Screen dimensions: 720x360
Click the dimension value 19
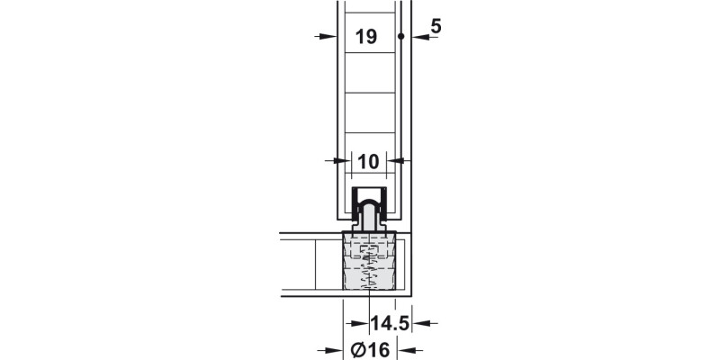pos(366,37)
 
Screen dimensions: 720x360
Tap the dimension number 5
pos(436,27)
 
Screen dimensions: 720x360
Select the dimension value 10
pos(368,162)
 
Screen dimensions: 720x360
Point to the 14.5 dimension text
pos(390,323)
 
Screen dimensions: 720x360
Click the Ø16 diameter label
pos(370,350)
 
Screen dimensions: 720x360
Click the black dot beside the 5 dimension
pos(400,36)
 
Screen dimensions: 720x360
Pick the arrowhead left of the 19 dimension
pos(328,36)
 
